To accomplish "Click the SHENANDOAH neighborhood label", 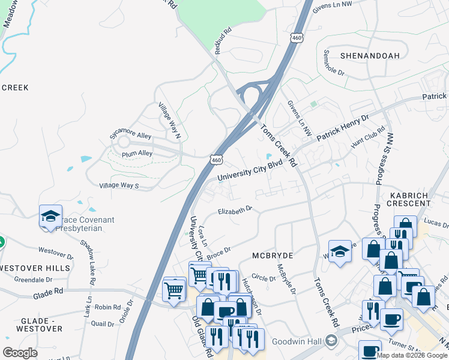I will point(370,55).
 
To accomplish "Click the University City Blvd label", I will point(249,170).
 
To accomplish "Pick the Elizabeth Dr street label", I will point(235,211).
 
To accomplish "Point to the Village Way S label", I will point(119,186).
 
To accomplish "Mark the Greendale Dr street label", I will point(34,280).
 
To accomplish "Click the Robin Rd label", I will point(108,307).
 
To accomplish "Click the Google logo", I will point(20,352).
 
